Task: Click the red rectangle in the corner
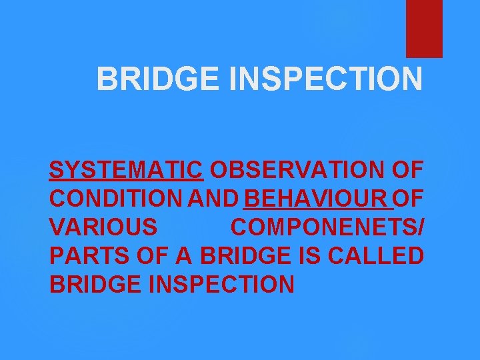(424, 28)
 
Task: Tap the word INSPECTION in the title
(326, 79)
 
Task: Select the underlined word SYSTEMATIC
(126, 171)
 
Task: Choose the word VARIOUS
(103, 227)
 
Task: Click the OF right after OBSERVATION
(407, 171)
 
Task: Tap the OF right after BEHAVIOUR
(409, 199)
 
